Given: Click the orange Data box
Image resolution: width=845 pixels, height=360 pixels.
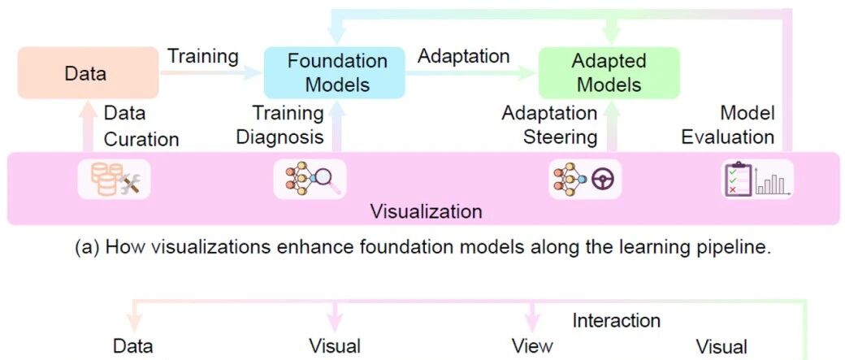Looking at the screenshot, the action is (89, 73).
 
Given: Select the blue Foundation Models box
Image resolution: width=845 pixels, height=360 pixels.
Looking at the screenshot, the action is (334, 73).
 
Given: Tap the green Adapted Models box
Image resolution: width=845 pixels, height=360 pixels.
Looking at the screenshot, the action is (609, 73).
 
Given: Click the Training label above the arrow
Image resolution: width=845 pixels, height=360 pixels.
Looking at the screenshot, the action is (202, 56).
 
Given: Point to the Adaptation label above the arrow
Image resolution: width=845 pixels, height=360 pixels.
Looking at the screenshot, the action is (463, 56).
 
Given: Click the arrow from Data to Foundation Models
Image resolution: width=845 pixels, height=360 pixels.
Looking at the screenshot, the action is (211, 73).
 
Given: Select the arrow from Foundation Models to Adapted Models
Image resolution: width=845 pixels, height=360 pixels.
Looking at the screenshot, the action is (472, 73).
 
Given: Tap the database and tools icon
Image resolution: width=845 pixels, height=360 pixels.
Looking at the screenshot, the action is (115, 179).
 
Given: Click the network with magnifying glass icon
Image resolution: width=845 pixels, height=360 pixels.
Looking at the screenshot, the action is (310, 179).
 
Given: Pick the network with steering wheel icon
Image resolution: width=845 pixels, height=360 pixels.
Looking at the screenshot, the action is (585, 179).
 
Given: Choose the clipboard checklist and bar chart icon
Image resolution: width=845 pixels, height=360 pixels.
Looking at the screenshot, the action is (757, 179).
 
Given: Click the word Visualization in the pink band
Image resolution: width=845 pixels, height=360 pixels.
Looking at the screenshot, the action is (426, 211).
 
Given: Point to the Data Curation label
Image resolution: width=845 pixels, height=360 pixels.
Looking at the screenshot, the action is (141, 126).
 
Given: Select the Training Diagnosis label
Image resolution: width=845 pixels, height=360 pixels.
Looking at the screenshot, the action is (280, 125).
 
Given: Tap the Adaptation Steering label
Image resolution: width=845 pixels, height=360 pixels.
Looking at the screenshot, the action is (549, 125).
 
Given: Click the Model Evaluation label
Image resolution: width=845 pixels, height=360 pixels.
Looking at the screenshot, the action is (728, 125).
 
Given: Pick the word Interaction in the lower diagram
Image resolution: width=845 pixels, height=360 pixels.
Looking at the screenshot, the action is (616, 321).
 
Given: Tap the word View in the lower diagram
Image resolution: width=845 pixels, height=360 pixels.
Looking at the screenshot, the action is (532, 345).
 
